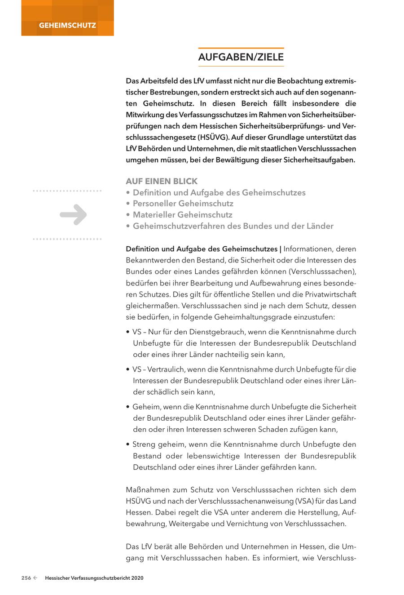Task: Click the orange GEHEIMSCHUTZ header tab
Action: [x=67, y=25]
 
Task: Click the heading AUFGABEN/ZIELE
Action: [x=241, y=57]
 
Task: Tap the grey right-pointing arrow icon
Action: [x=73, y=214]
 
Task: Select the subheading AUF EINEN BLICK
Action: [x=162, y=181]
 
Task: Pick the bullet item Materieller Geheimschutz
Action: [x=182, y=215]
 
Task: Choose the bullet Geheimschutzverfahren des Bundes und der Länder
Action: [x=233, y=226]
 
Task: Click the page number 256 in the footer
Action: [x=26, y=578]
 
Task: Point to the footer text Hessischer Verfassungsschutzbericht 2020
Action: [x=94, y=578]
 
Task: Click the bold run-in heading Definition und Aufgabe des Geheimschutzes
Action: [x=202, y=249]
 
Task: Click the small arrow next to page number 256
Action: [x=35, y=578]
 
